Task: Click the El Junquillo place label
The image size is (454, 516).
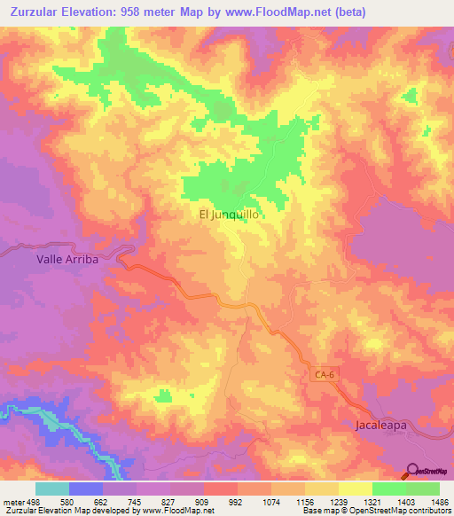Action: click(228, 214)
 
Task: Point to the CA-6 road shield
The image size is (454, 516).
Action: click(325, 375)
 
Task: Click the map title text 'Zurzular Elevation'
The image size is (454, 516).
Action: click(68, 12)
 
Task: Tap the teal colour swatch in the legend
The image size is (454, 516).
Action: click(52, 489)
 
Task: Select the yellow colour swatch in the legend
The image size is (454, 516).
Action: click(356, 489)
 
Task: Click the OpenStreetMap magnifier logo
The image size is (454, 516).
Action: click(411, 472)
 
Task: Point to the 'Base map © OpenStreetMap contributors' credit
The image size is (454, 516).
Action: click(374, 511)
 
